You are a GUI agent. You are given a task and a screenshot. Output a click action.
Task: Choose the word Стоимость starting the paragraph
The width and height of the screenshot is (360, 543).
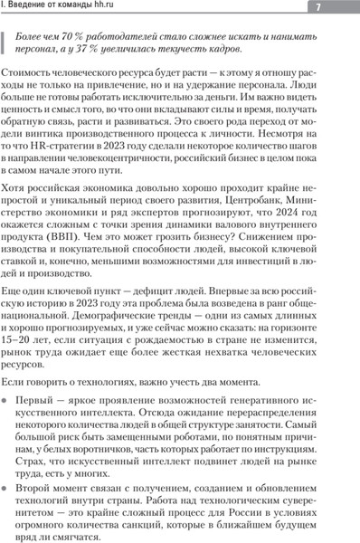31,71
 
